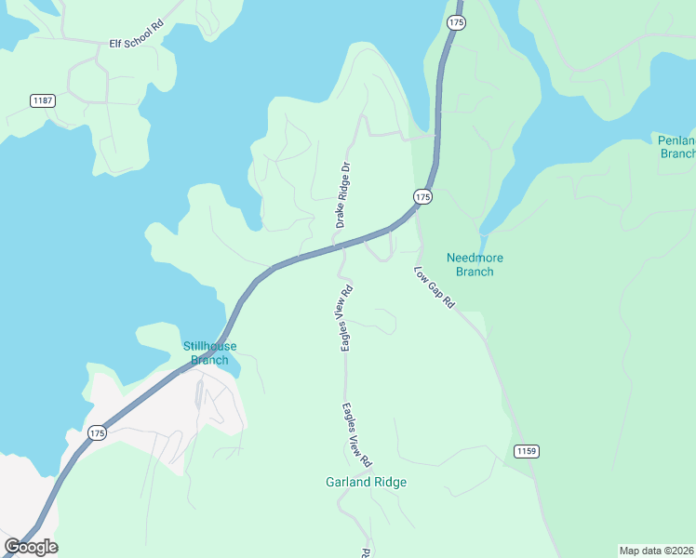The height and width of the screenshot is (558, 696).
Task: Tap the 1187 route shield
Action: point(42,100)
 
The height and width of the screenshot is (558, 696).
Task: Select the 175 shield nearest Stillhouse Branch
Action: point(98,433)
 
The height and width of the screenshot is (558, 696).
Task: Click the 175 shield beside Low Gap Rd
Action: point(423,197)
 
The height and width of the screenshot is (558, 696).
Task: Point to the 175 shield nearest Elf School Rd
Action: point(455,22)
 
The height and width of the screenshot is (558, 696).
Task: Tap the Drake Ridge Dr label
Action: point(343,195)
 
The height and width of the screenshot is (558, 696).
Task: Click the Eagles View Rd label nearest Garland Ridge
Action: point(356,433)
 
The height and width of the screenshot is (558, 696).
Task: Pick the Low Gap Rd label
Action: point(434,288)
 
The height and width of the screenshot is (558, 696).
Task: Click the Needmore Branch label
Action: point(474,265)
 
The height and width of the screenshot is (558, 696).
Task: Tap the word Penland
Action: point(676,140)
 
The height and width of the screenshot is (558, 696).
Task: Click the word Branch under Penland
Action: point(677,153)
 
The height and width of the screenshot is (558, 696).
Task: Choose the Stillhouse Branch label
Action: point(209,353)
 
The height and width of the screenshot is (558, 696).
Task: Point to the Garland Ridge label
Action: point(366,483)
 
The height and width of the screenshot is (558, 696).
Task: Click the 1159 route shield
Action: point(526,451)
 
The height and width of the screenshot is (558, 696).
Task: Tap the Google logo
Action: point(31,547)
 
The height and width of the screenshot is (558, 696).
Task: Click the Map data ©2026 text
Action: point(656,550)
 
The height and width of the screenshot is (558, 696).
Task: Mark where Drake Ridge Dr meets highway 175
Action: point(335,245)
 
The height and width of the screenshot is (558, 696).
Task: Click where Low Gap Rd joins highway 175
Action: point(415,216)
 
